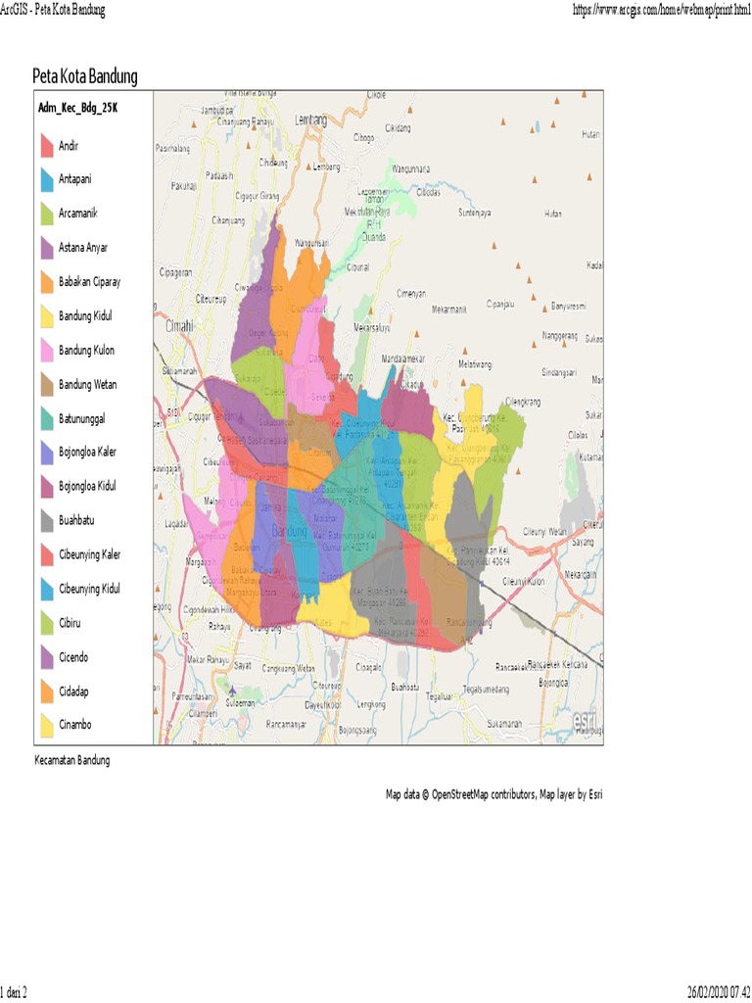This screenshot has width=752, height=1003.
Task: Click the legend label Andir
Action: pyautogui.click(x=70, y=146)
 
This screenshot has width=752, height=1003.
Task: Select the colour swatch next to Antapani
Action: pyautogui.click(x=46, y=180)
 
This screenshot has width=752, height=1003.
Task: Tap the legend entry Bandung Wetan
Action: pyautogui.click(x=87, y=385)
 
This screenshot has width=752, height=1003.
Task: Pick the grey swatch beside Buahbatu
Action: pyautogui.click(x=46, y=521)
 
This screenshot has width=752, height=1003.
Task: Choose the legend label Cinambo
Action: pyautogui.click(x=75, y=726)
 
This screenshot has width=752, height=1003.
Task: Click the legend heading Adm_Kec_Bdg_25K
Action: pyautogui.click(x=78, y=109)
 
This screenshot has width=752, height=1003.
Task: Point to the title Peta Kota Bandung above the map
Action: pyautogui.click(x=85, y=76)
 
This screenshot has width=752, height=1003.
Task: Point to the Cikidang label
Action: pyautogui.click(x=398, y=127)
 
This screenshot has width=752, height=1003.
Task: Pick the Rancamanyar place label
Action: pyautogui.click(x=285, y=725)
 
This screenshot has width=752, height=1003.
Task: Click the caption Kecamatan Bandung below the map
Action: pyautogui.click(x=71, y=760)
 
